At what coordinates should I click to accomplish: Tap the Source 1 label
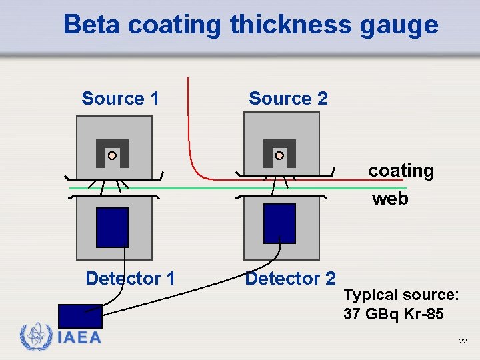click(120, 99)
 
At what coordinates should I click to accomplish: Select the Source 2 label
click(288, 99)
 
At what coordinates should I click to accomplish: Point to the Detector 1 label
click(130, 278)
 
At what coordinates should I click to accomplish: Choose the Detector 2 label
click(290, 278)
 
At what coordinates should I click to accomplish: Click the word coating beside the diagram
click(401, 171)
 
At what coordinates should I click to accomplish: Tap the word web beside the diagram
click(390, 199)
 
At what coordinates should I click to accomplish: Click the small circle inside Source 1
click(112, 155)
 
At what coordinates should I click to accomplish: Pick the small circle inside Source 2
click(279, 155)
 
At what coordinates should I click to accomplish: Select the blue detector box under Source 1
click(112, 227)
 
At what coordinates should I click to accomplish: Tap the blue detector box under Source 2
click(279, 223)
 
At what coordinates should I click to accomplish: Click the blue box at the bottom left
click(80, 315)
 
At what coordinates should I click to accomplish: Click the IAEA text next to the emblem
click(79, 338)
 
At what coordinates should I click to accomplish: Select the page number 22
click(463, 341)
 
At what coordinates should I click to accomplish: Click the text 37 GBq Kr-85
click(393, 314)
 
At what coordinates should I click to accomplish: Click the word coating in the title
click(174, 26)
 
